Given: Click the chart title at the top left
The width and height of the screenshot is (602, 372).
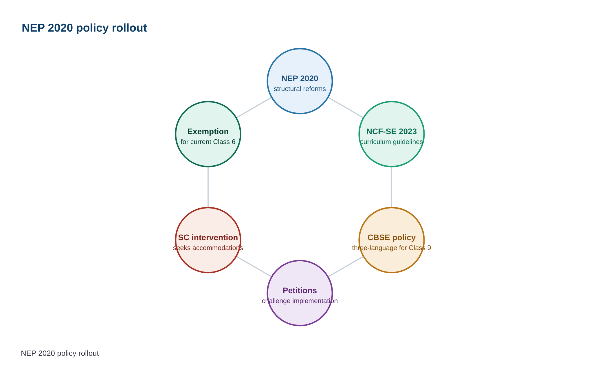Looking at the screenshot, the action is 84,28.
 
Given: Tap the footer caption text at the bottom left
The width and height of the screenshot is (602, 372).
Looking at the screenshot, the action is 60,353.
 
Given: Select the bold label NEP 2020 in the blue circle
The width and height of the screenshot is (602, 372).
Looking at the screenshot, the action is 300,79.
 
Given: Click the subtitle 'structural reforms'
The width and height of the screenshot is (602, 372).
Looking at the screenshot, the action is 300,89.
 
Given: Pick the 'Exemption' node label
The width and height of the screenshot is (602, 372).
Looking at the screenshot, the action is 208,132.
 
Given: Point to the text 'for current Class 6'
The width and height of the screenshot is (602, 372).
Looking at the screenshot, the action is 208,142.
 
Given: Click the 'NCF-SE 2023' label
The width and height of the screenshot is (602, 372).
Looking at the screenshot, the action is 392,132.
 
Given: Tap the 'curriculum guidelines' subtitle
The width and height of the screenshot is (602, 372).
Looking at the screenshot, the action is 392,142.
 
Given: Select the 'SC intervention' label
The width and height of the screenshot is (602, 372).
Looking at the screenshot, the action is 208,238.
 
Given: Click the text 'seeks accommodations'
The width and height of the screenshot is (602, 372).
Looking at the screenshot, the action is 208,248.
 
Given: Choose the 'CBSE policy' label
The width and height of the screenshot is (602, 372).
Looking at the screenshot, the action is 392,238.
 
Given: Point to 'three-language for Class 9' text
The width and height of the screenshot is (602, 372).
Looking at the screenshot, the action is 392,248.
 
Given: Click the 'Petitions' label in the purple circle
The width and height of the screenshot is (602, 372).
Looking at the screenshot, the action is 300,291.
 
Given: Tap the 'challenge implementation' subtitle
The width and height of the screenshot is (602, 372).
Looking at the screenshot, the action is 300,301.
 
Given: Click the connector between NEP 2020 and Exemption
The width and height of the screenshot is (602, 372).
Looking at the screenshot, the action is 254,108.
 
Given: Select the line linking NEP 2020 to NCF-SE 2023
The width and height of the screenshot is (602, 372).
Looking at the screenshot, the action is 346,108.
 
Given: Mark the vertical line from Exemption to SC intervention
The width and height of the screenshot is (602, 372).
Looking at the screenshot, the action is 208,187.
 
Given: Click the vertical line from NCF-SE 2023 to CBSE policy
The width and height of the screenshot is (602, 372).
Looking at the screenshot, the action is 392,187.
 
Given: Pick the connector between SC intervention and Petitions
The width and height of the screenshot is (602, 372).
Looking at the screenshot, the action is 254,267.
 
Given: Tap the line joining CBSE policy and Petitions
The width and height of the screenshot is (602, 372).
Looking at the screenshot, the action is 346,267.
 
